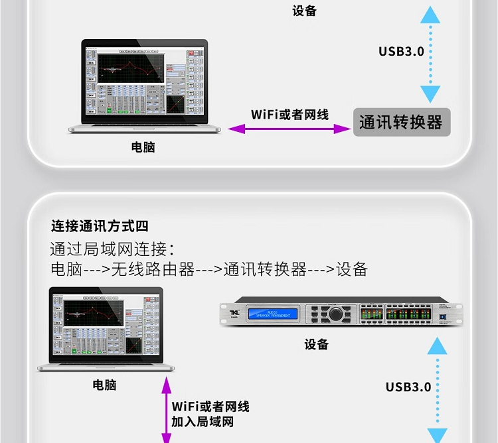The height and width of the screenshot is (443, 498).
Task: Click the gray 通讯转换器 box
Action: (401, 123)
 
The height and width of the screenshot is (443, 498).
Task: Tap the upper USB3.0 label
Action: (400, 51)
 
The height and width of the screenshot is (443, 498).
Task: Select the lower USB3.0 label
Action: (408, 387)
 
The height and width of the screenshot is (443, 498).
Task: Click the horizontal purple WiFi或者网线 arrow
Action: (290, 129)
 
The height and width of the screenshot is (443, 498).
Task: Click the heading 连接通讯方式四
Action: (100, 226)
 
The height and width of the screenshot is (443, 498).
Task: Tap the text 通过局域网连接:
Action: (112, 249)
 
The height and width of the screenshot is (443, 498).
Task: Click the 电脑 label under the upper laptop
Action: (143, 147)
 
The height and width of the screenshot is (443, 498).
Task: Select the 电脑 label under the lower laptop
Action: (104, 385)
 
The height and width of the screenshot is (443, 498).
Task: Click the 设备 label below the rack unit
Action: (317, 344)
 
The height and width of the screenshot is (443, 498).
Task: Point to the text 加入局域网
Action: (202, 422)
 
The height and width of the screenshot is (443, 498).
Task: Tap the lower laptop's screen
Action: (106, 326)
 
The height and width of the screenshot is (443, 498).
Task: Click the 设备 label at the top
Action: (304, 11)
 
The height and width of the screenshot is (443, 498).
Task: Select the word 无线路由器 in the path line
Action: (152, 269)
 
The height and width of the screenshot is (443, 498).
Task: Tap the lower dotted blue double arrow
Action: (437, 390)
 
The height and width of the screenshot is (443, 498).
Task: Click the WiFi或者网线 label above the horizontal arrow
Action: (290, 114)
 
